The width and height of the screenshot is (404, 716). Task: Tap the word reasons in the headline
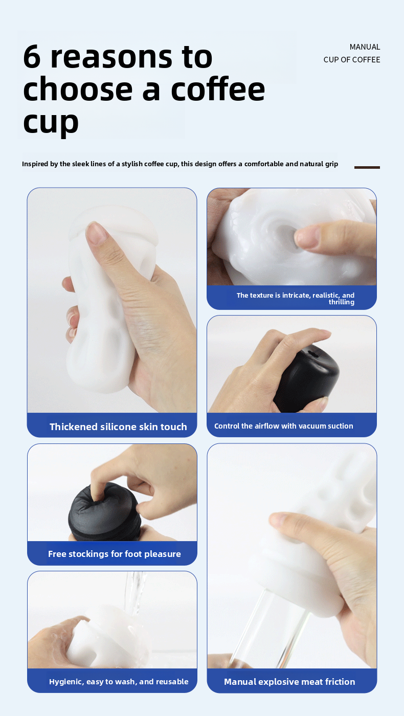(x=128, y=57)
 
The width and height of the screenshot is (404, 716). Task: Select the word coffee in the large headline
(x=218, y=89)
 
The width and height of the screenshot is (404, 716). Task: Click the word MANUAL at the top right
(x=365, y=47)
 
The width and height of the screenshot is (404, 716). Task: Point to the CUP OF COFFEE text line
(x=352, y=60)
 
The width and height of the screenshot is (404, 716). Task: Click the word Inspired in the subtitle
(x=36, y=164)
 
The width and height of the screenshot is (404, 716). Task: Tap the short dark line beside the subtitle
(x=367, y=167)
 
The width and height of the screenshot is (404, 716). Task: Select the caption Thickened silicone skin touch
(x=118, y=427)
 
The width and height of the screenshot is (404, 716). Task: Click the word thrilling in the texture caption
(x=341, y=302)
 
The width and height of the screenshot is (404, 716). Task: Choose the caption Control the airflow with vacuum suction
(x=283, y=426)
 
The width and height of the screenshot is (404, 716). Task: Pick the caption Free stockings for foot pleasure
(x=115, y=554)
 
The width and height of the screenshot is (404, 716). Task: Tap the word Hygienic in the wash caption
(x=65, y=682)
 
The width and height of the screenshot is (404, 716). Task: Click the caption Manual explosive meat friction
(x=289, y=682)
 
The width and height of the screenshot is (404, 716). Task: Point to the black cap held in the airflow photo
(x=307, y=376)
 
